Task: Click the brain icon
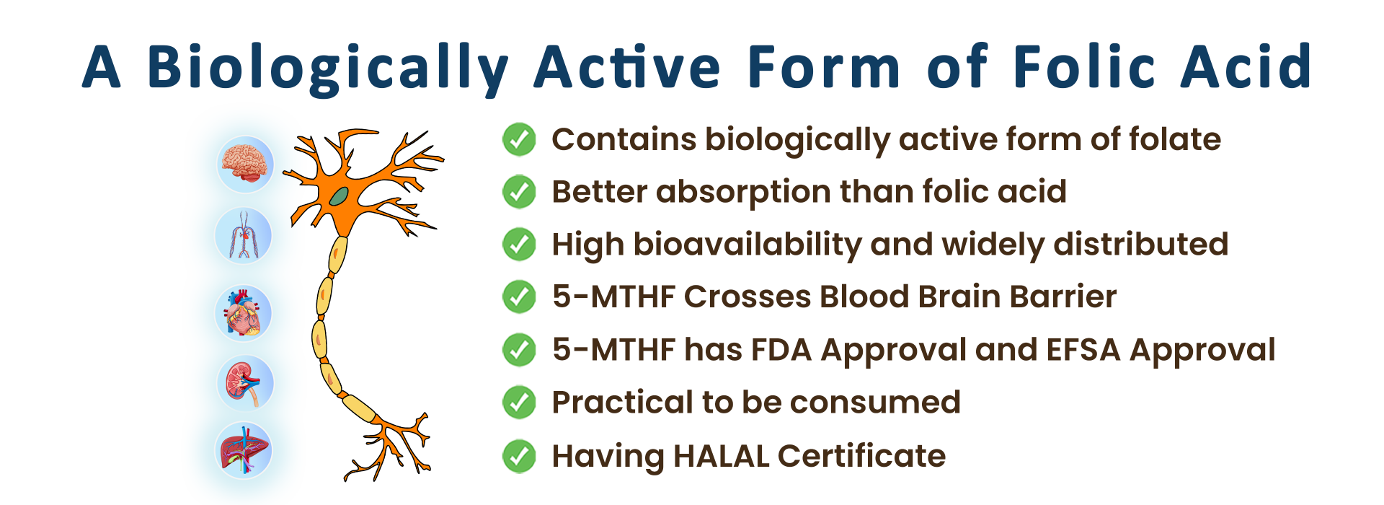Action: point(246,164)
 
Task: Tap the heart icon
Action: point(244,312)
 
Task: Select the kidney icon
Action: point(245,383)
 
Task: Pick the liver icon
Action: point(244,450)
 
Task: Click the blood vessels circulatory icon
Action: point(244,235)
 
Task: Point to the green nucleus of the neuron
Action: point(339,196)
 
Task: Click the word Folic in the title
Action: point(1086,66)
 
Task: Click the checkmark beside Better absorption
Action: point(519,192)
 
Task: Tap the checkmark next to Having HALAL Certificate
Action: point(519,456)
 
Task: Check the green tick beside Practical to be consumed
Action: point(519,403)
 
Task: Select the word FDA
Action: point(781,350)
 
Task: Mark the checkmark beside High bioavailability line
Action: point(519,245)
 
